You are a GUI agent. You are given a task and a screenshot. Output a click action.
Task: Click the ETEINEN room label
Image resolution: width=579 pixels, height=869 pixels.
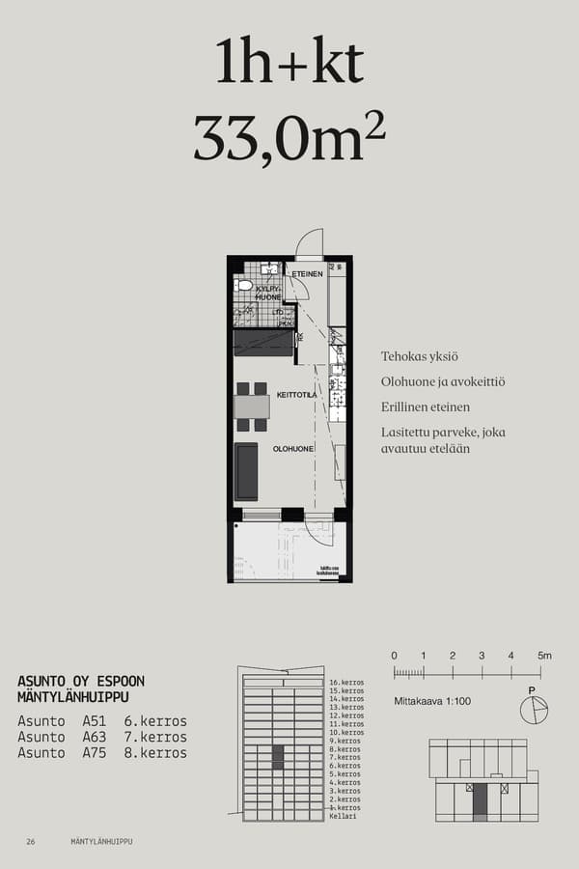307,274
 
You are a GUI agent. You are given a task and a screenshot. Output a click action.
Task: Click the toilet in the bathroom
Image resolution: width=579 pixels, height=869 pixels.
245,286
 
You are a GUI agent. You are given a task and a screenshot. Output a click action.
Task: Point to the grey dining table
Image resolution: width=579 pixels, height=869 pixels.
252,406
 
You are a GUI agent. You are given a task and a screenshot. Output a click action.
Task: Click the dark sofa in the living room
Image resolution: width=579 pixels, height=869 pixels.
247,471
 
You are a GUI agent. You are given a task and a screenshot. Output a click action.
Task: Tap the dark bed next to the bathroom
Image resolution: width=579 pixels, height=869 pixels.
262,342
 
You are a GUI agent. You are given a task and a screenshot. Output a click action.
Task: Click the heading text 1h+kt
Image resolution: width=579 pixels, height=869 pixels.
289,64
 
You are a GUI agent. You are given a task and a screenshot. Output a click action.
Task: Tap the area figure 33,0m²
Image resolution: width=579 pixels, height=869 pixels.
289,138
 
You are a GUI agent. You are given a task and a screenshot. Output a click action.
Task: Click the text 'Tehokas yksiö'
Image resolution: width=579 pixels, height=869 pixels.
420,357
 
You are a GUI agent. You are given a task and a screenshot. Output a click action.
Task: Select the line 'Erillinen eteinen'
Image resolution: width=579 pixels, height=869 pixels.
426,407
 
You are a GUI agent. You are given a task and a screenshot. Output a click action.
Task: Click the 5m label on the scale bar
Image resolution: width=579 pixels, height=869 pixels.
545,656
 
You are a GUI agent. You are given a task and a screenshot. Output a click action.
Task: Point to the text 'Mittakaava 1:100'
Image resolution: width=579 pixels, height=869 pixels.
432,701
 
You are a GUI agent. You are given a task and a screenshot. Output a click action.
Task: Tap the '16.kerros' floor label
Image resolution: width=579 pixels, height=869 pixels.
346,683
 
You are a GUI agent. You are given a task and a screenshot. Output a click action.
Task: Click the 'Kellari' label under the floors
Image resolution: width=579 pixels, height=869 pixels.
343,816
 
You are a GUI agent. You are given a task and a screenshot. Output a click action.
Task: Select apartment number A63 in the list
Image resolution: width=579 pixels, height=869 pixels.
94,737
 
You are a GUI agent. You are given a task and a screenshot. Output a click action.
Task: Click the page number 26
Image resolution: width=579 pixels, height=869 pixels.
31,842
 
